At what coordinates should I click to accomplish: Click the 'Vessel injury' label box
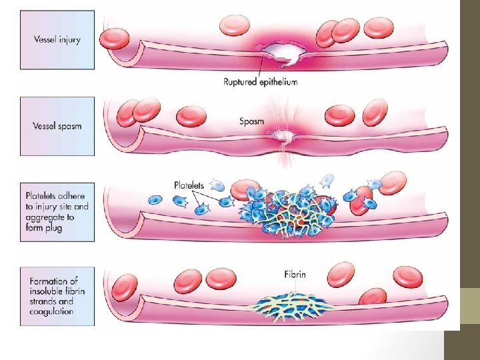tap(57, 39)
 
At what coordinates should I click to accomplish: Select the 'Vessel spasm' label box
tap(57, 126)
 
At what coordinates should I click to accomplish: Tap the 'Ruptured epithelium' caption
tap(261, 81)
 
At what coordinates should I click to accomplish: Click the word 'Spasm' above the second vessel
tap(252, 122)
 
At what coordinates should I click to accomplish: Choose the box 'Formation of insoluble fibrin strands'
tap(57, 296)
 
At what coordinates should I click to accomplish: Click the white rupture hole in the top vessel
tap(283, 51)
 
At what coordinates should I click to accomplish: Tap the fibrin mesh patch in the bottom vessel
tap(293, 306)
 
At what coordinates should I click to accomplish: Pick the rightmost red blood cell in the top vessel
tap(379, 28)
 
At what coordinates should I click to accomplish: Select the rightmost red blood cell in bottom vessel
tap(407, 276)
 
